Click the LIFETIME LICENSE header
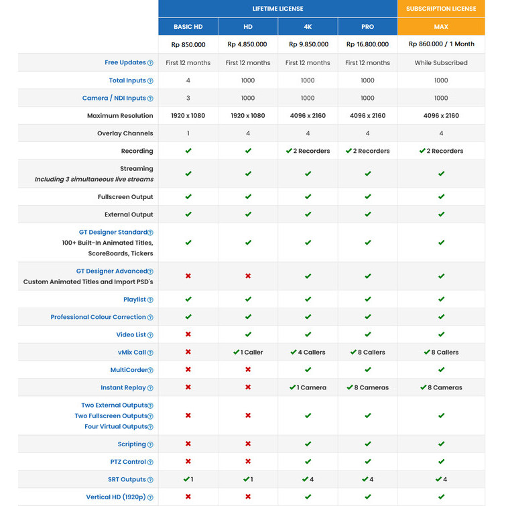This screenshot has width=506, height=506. (277, 9)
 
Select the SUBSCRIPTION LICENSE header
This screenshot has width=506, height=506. (441, 9)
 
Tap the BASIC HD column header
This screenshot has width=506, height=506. (188, 27)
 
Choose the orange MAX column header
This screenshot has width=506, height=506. (441, 27)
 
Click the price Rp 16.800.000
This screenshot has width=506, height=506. (367, 44)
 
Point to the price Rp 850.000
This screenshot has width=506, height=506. (188, 44)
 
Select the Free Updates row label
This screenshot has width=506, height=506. (125, 62)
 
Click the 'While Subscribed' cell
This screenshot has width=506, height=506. (441, 63)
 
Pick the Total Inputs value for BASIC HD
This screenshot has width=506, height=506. (188, 80)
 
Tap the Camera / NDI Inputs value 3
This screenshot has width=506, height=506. (188, 98)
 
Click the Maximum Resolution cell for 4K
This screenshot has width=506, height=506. (308, 116)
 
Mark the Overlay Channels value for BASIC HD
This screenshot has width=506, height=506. (188, 133)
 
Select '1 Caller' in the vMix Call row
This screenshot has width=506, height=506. (248, 352)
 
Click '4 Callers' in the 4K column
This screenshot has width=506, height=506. (308, 352)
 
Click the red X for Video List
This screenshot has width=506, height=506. (188, 334)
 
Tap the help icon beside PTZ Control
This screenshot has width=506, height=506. (150, 462)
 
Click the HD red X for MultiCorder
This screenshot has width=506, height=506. (248, 370)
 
